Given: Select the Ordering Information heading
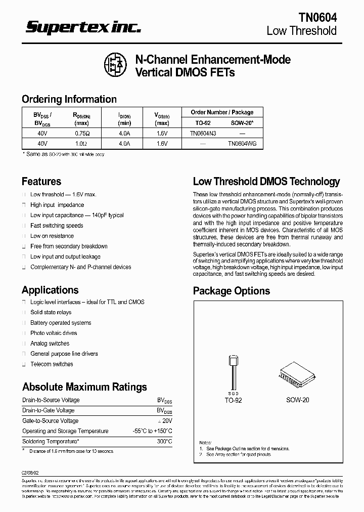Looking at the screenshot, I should [69, 99].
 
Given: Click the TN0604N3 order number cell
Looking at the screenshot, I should [203, 134].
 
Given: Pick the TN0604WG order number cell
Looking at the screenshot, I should [242, 144].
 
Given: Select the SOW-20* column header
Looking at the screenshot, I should [242, 123].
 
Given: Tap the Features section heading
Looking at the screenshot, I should [41, 181].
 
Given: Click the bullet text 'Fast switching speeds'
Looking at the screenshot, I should [57, 226].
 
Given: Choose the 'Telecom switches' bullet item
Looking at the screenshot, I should [52, 364].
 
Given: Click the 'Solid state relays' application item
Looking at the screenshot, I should [51, 313].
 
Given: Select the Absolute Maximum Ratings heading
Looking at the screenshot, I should [84, 387].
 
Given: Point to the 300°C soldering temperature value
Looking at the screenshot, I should [164, 442].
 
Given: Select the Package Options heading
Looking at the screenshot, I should [232, 291].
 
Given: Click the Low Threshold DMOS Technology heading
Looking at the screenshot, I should [266, 182].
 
